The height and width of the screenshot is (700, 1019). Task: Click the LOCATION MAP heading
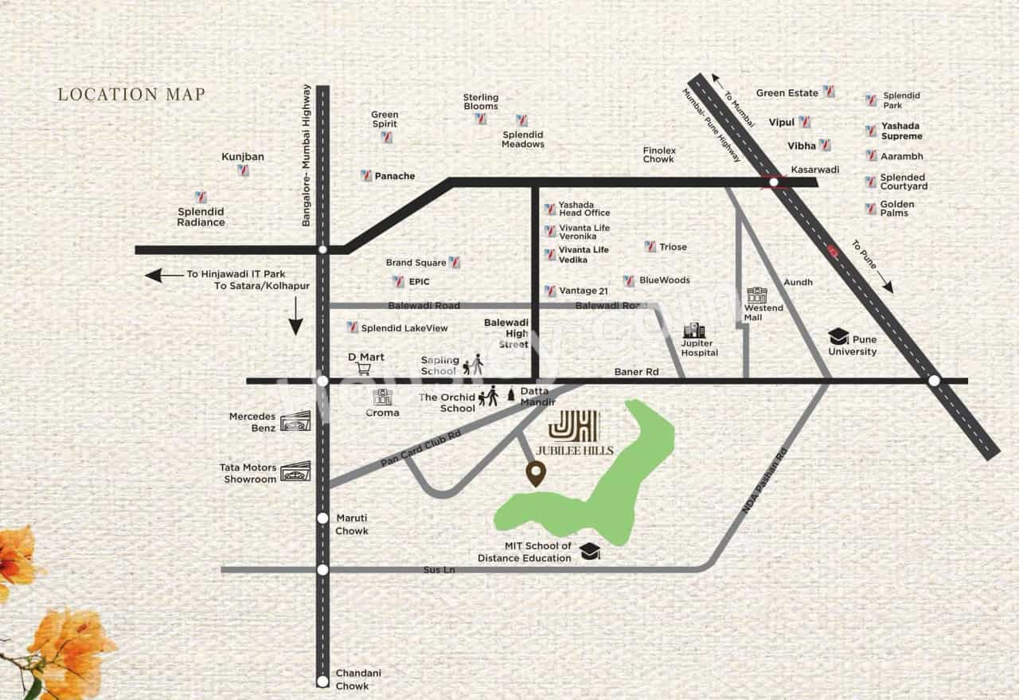131,95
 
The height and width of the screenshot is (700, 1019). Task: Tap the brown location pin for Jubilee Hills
536,475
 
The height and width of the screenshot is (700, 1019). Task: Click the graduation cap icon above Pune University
839,336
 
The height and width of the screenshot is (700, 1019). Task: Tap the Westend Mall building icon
755,295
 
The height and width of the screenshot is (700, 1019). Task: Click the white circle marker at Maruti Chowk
322,518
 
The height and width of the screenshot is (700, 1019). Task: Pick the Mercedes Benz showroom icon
295,421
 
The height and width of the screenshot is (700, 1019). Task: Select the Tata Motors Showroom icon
295,472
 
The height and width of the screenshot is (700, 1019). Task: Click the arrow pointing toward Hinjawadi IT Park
163,276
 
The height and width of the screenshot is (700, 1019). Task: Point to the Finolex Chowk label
659,154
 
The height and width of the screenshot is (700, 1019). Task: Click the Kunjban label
243,157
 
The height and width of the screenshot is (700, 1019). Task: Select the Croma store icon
383,397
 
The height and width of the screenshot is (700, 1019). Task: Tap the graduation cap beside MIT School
590,551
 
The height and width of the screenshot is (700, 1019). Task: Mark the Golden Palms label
897,209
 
